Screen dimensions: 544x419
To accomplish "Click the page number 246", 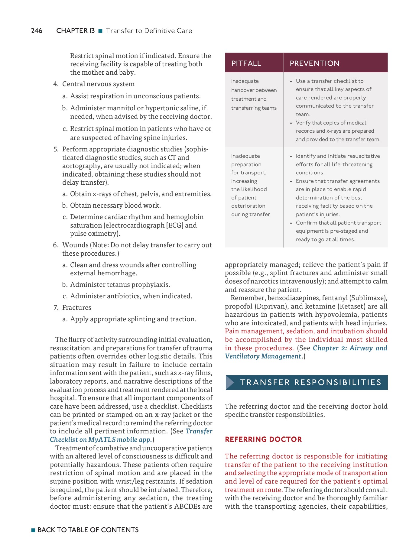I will pos(37,31).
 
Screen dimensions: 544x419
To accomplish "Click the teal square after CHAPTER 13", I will pos(100,31).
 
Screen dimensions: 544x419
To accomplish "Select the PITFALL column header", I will pos(246,63).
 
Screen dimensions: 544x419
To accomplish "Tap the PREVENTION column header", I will pos(314,63).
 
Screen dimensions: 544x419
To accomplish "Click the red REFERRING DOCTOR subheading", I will pos(263,439).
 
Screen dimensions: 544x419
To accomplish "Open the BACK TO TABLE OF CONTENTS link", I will pos(88,530).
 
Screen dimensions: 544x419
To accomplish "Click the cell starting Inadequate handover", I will pos(254,94).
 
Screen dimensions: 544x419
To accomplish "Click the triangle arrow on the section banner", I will pos(230,382).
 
